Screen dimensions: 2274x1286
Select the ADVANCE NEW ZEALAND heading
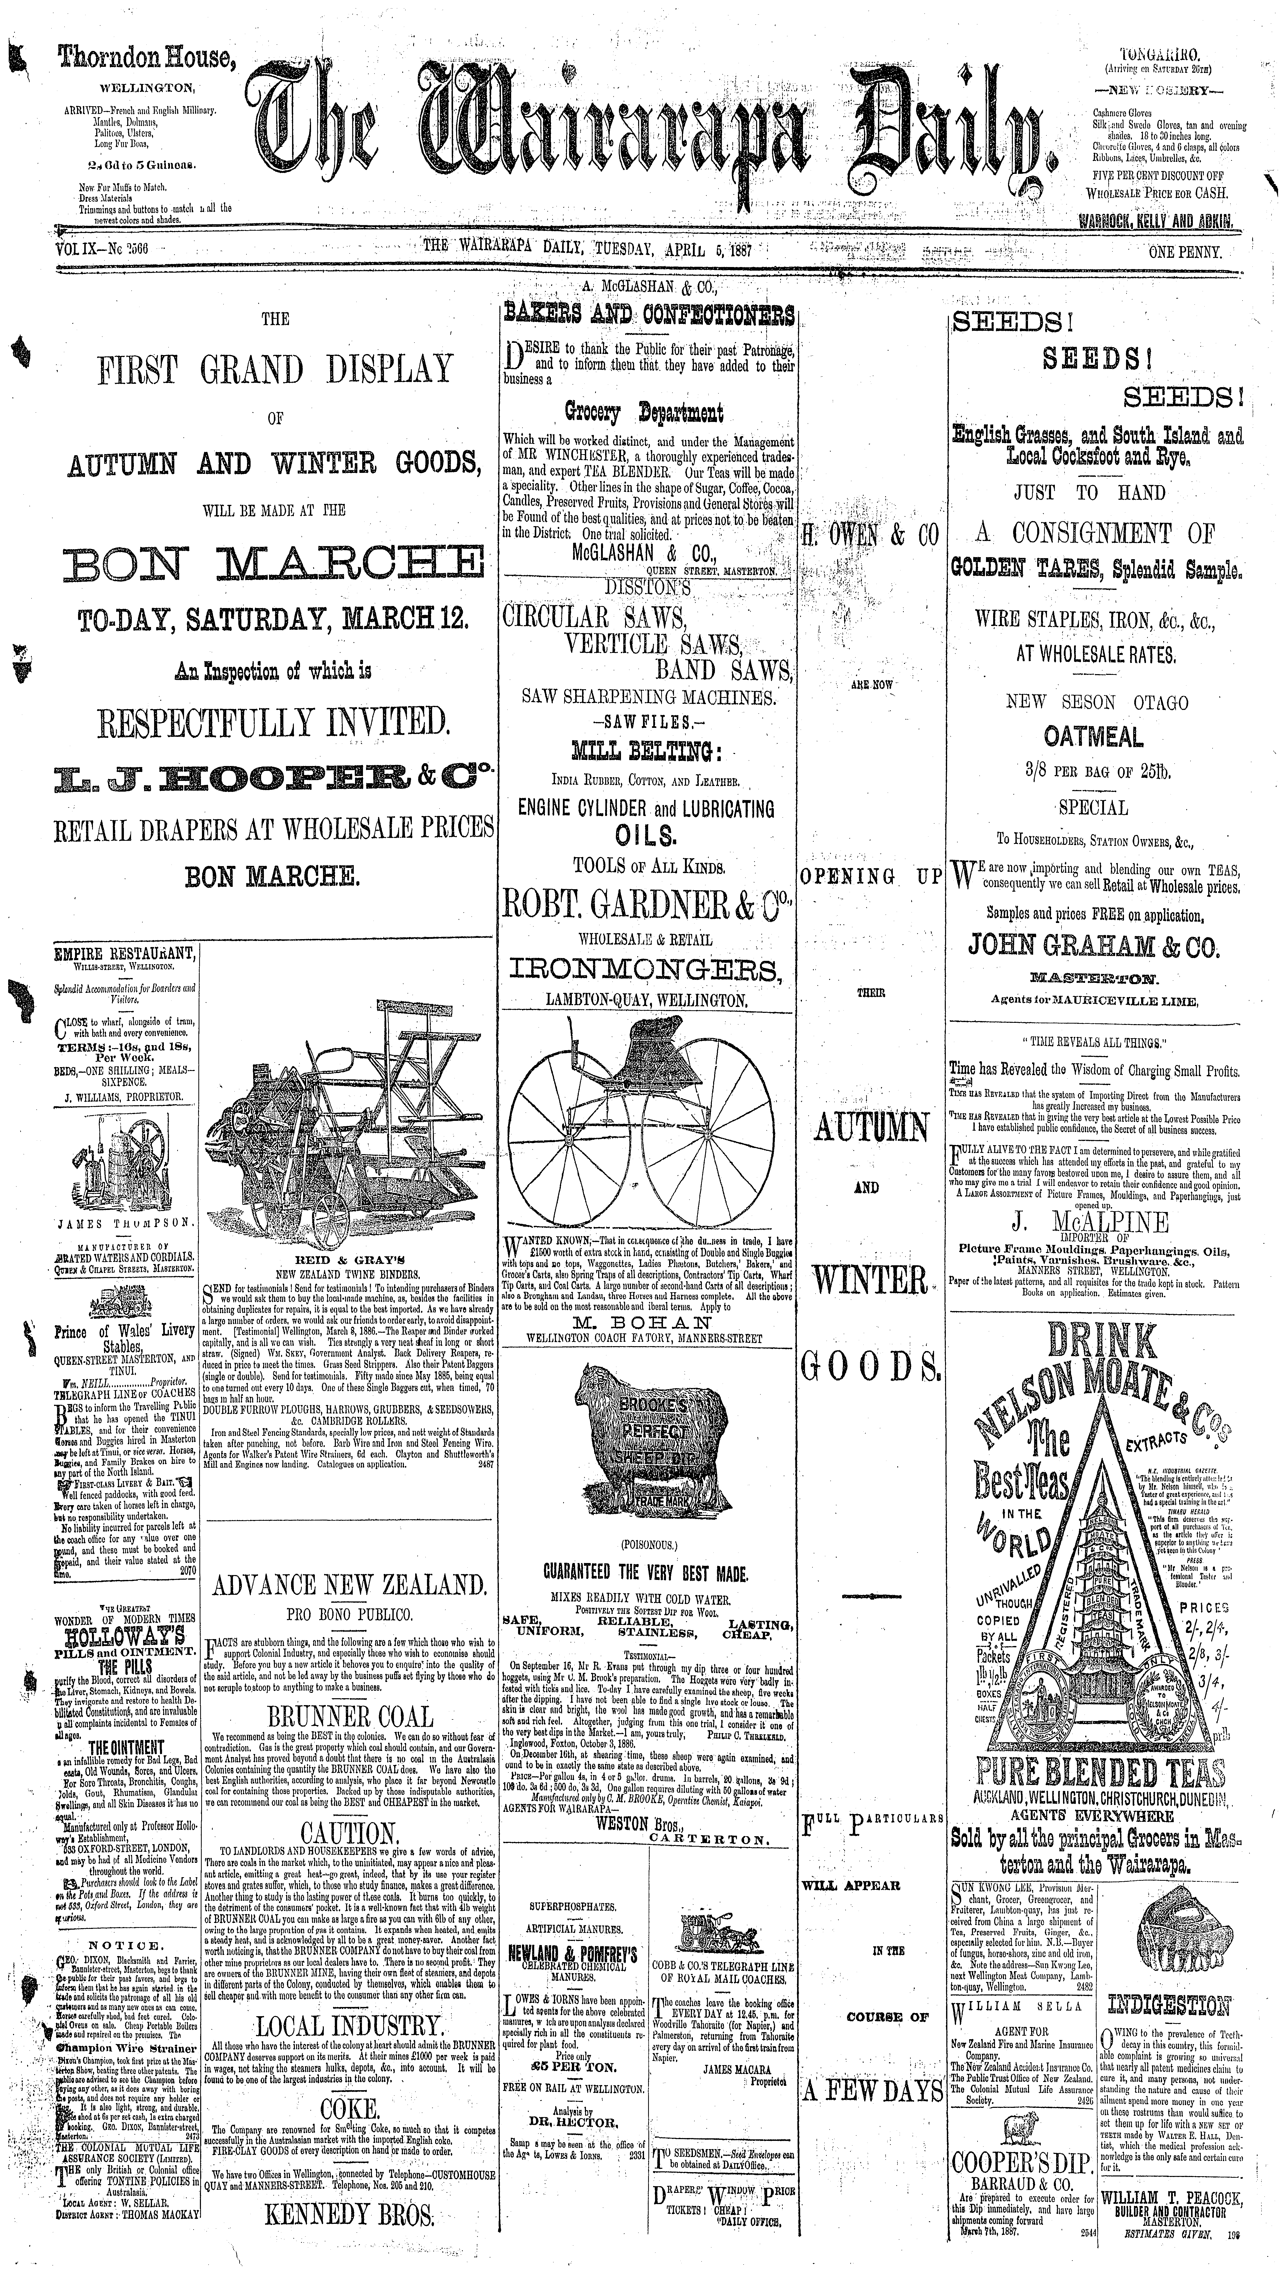click(350, 1583)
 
